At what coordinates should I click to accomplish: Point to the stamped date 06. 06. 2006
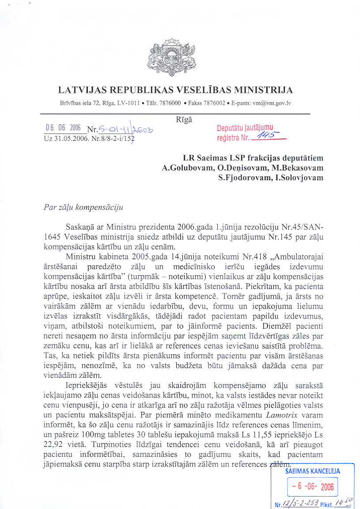[62, 128]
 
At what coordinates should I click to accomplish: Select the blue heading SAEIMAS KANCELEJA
[312, 471]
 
